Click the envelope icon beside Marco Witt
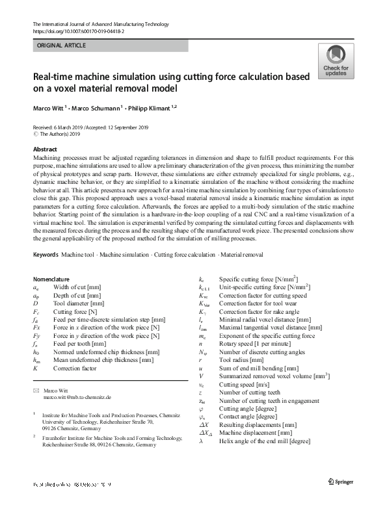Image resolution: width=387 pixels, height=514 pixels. pyautogui.click(x=35, y=389)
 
